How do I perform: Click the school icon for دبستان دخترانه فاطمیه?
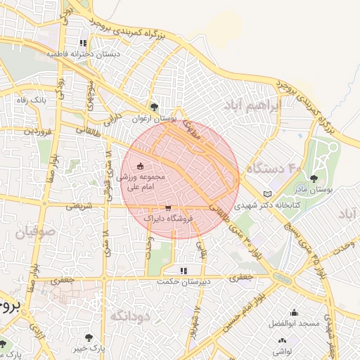click(x=83, y=44)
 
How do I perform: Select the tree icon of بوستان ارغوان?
click(x=155, y=108)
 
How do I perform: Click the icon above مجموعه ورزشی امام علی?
click(x=140, y=166)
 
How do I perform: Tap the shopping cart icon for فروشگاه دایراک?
click(x=168, y=208)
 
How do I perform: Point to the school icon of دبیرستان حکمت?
click(x=184, y=270)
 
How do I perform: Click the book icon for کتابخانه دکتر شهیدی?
click(x=266, y=194)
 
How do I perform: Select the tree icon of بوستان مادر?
click(x=314, y=179)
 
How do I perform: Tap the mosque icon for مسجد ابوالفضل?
click(x=294, y=312)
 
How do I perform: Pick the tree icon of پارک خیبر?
click(x=88, y=337)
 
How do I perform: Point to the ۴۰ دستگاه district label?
click(x=274, y=169)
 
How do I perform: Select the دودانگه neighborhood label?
click(x=131, y=316)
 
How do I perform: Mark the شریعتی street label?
click(x=79, y=206)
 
